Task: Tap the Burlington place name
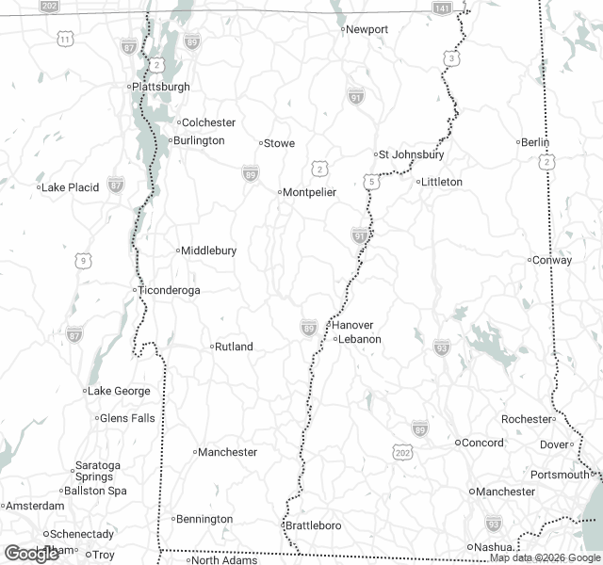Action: [197, 140]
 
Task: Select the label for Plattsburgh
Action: [161, 87]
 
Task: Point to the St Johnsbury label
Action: [411, 154]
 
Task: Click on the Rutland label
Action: [234, 347]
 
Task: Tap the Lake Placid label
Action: [70, 187]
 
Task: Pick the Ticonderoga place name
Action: [169, 290]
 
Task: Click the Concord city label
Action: [482, 443]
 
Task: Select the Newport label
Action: [367, 29]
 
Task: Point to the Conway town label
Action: [553, 260]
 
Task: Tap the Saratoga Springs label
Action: [97, 471]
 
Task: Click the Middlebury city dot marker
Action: [177, 250]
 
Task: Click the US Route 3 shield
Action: [454, 59]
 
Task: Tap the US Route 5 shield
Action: [372, 180]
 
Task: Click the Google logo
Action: [31, 554]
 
